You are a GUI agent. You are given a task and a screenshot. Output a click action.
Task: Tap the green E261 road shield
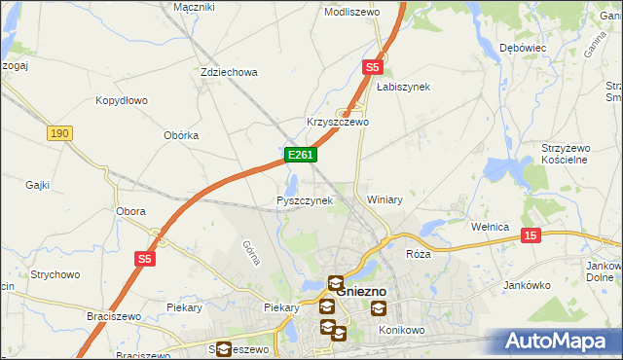tap(300, 155)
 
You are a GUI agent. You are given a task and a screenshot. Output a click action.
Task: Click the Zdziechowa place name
tap(228, 72)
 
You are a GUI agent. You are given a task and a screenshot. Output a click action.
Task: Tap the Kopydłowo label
tap(121, 100)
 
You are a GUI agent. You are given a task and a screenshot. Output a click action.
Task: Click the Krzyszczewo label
tap(338, 123)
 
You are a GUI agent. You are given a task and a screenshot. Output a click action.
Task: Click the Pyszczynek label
tap(305, 200)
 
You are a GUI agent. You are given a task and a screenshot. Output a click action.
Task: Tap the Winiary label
tap(385, 199)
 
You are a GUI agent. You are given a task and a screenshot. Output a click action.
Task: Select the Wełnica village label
tap(490, 227)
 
